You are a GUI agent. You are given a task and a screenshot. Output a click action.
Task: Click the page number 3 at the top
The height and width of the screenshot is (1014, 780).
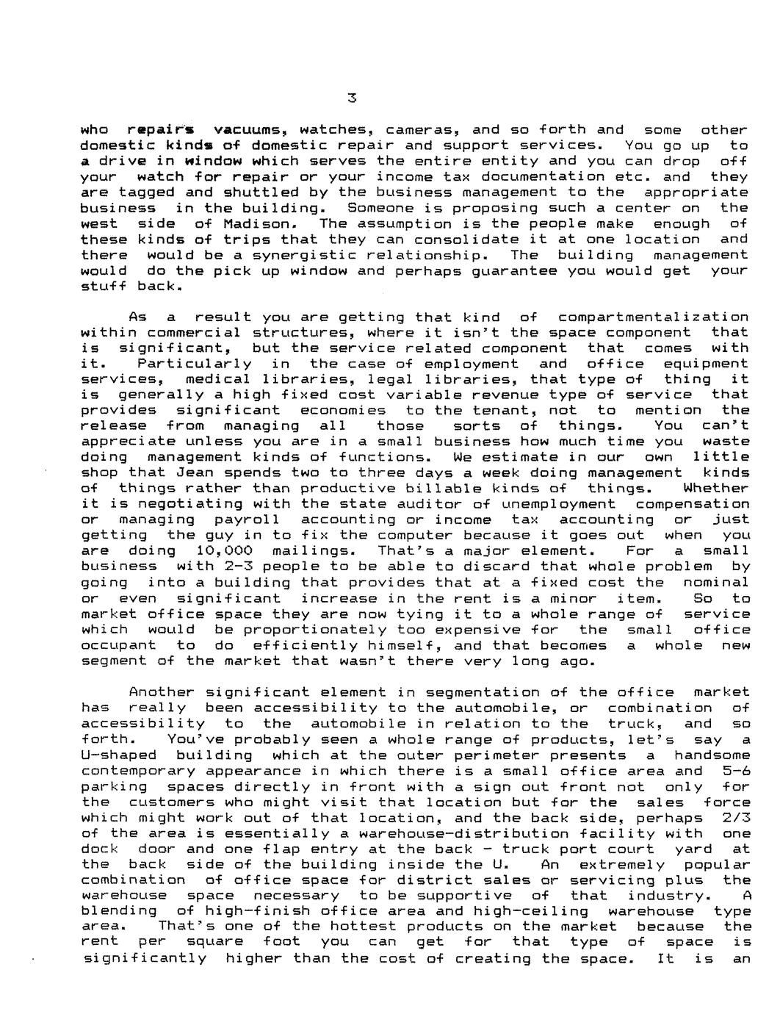(352, 98)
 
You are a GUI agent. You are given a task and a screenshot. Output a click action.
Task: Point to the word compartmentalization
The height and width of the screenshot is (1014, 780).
(654, 317)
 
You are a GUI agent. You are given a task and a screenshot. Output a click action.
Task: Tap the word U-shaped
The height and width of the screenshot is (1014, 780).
(119, 755)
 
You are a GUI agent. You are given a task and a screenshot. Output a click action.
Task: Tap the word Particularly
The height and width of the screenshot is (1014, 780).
(195, 364)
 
